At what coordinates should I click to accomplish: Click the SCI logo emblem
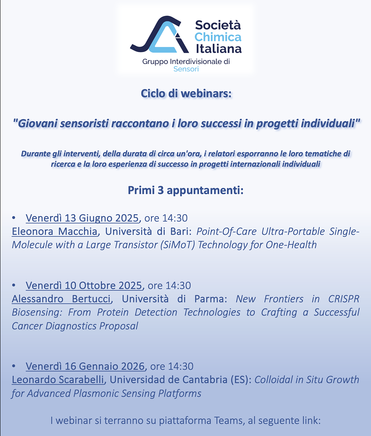click(159, 35)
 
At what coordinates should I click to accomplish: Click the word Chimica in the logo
click(218, 37)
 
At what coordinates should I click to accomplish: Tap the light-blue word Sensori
click(186, 69)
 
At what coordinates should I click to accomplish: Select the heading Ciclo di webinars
click(186, 93)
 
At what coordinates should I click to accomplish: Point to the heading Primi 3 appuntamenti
click(186, 190)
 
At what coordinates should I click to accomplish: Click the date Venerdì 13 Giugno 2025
click(82, 218)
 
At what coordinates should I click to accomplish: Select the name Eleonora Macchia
click(54, 231)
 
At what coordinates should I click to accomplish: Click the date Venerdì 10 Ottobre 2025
click(84, 285)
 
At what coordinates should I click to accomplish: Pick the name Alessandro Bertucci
click(61, 299)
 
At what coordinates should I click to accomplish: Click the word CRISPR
click(344, 299)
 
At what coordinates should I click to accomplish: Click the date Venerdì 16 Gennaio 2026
click(85, 366)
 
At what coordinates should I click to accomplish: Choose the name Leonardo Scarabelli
click(58, 380)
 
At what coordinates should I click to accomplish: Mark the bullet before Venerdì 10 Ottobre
click(14, 285)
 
